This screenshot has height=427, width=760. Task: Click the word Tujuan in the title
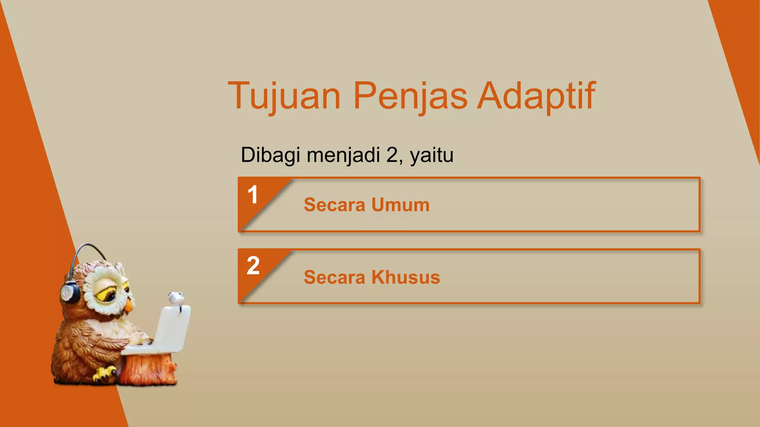[x=284, y=96]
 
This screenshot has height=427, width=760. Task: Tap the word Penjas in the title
[x=410, y=96]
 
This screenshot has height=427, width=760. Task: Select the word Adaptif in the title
[x=536, y=96]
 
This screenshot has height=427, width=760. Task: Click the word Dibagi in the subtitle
[x=270, y=155]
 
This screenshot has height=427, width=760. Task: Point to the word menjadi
[x=343, y=155]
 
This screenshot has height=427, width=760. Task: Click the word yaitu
[x=432, y=155]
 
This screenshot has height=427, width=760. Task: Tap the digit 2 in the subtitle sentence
[x=392, y=155]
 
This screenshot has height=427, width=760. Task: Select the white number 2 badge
[x=253, y=265]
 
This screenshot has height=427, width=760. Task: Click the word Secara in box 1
[x=334, y=205]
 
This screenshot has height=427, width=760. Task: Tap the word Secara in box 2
[x=334, y=277]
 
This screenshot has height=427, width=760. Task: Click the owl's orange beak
[x=128, y=305]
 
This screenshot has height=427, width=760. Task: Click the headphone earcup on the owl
[x=69, y=293]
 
